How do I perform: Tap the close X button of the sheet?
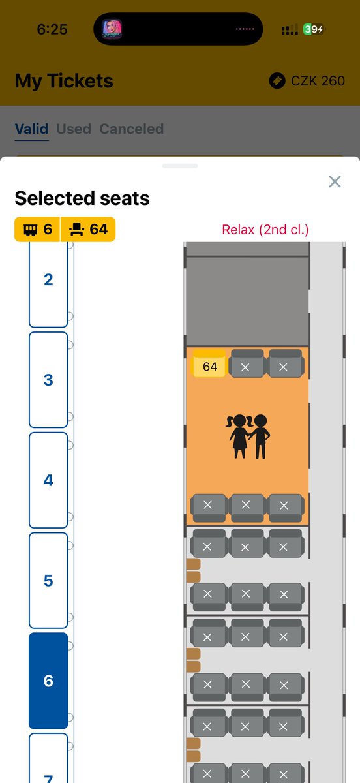pos(335,181)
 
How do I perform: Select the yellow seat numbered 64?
pos(209,363)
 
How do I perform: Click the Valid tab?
pos(31,129)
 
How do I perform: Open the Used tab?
pos(74,129)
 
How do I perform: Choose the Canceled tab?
pos(132,129)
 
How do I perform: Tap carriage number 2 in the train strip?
pos(48,284)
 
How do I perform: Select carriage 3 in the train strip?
pos(48,380)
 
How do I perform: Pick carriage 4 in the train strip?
pos(48,480)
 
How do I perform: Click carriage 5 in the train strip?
pos(48,580)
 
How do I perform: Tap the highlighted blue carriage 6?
pos(48,681)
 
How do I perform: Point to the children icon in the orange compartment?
pos(248,437)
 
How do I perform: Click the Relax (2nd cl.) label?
pos(265,230)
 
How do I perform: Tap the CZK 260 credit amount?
pos(318,81)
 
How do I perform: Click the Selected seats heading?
pos(82,198)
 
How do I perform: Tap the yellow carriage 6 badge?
pos(37,229)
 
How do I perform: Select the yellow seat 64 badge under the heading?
pos(88,229)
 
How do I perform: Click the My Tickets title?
pos(64,81)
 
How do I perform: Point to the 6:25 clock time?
pos(52,29)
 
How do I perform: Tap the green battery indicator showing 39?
pos(313,29)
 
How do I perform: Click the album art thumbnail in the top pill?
pos(112,29)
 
